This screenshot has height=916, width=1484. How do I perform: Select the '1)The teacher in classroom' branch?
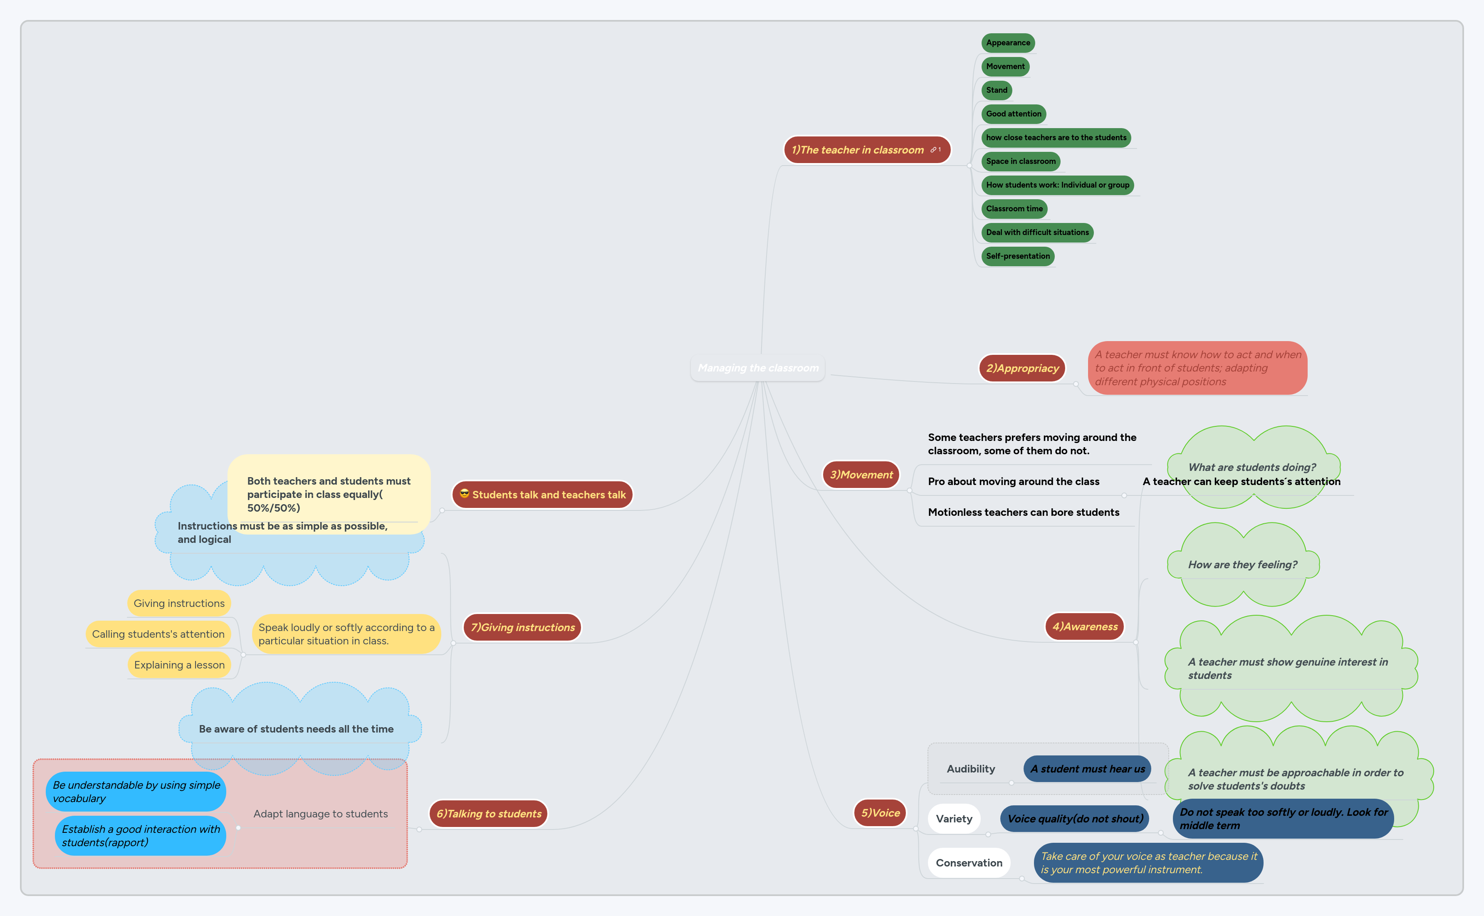pyautogui.click(x=857, y=150)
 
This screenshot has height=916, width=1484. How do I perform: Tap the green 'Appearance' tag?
pyautogui.click(x=1007, y=43)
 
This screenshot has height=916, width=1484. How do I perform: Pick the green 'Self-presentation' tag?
pyautogui.click(x=1018, y=256)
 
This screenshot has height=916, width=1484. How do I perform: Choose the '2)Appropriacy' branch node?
pyautogui.click(x=1022, y=368)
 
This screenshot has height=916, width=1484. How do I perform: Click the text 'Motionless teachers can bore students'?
pyautogui.click(x=1023, y=512)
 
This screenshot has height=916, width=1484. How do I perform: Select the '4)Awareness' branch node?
pyautogui.click(x=1084, y=626)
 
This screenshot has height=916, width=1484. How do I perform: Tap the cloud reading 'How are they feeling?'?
pyautogui.click(x=1242, y=564)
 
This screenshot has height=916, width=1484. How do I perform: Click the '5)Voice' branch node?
pyautogui.click(x=880, y=813)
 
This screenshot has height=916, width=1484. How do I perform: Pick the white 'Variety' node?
pyautogui.click(x=954, y=819)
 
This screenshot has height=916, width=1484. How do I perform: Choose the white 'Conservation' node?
pyautogui.click(x=969, y=863)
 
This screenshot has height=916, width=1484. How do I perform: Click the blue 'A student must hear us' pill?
pyautogui.click(x=1087, y=769)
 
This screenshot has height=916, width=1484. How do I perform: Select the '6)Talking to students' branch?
pyautogui.click(x=488, y=814)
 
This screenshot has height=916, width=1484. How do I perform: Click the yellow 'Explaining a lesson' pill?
pyautogui.click(x=179, y=665)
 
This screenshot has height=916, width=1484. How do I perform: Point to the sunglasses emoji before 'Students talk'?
pyautogui.click(x=465, y=494)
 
